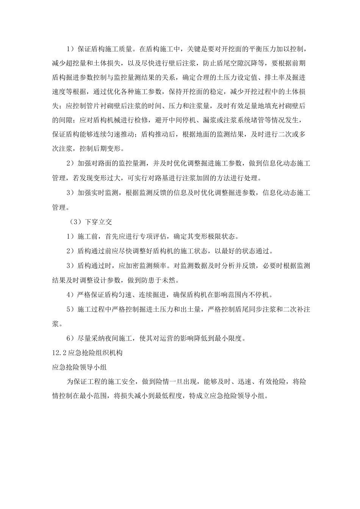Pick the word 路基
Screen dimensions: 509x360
pos(161,178)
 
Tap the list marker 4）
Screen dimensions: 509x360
pos(70,295)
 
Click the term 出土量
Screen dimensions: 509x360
pos(196,309)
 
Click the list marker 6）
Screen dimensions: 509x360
pos(70,338)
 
